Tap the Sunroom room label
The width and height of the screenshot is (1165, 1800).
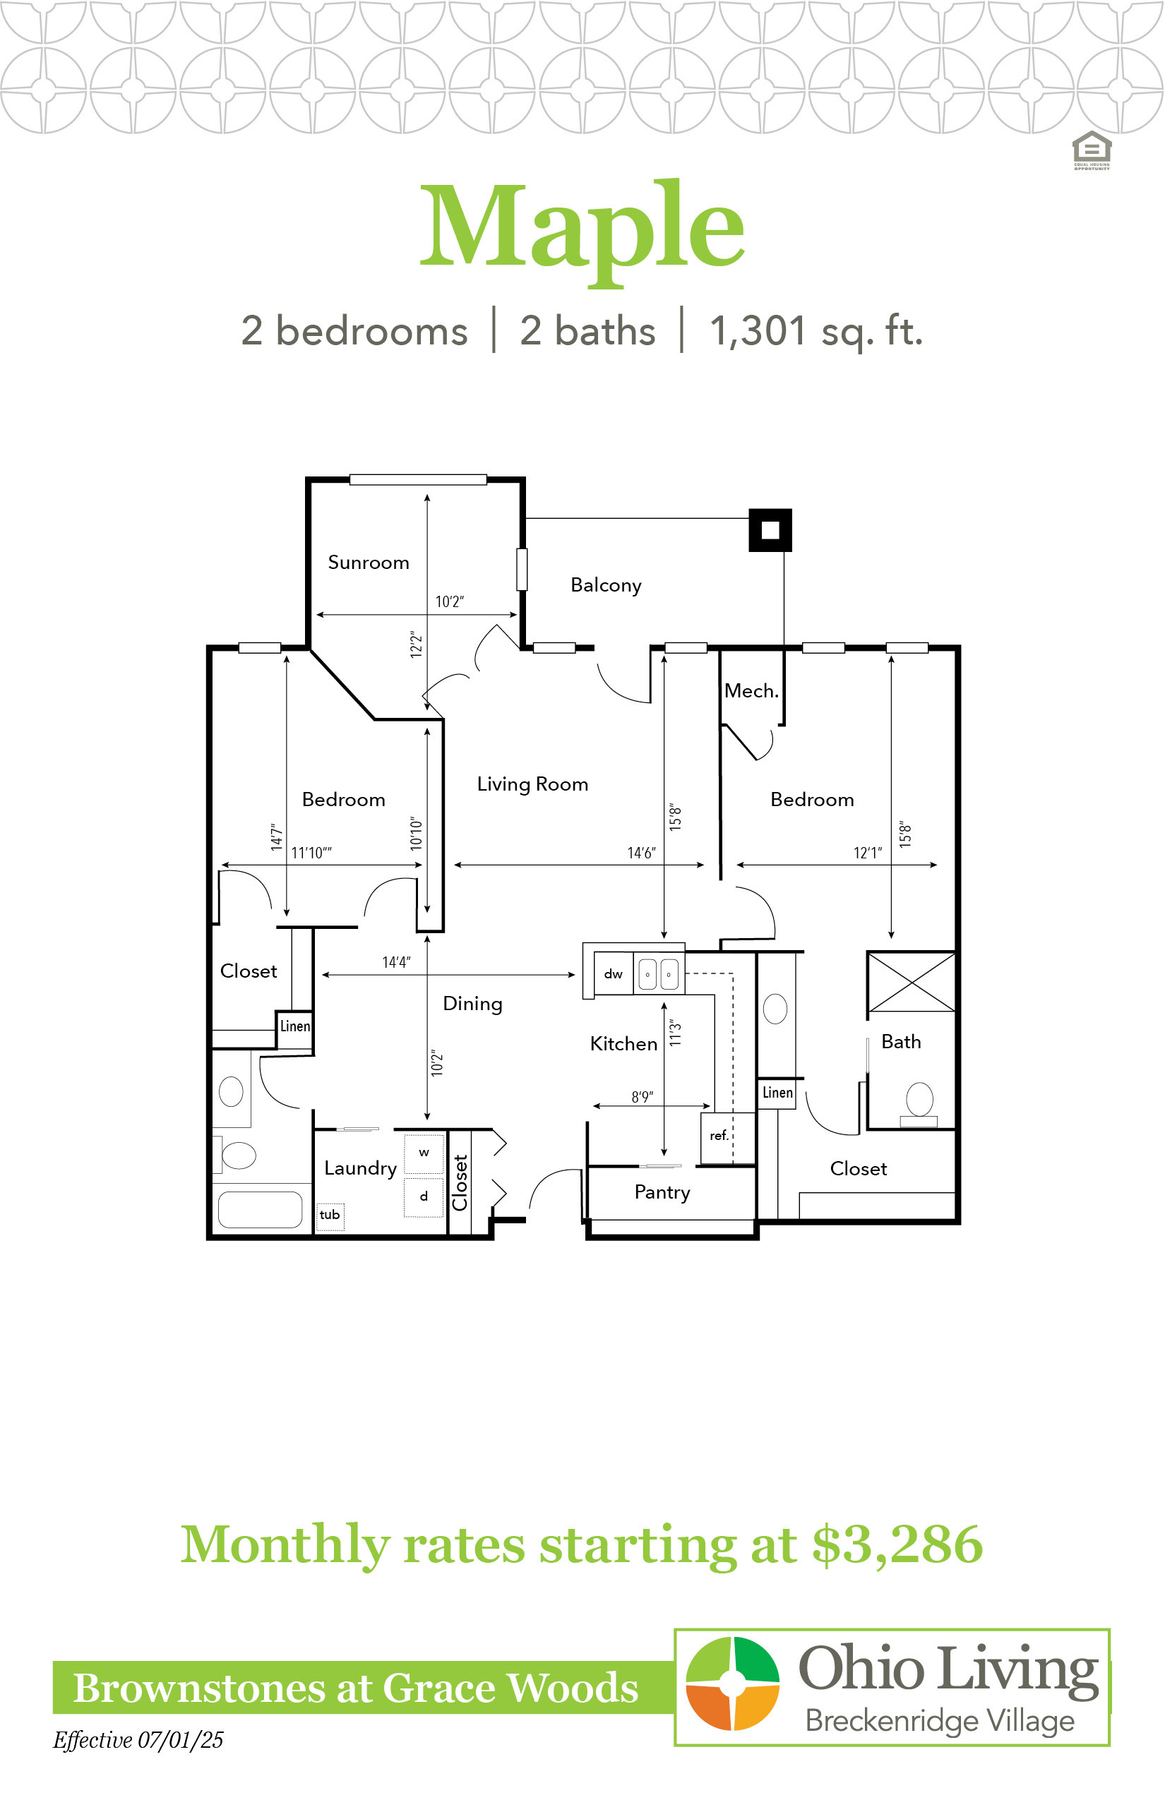click(x=369, y=563)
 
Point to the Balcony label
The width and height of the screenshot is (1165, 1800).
click(x=606, y=585)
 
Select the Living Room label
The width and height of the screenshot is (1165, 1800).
click(x=532, y=784)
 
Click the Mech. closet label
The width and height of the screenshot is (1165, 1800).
click(x=751, y=690)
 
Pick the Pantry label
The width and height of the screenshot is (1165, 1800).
click(x=662, y=1193)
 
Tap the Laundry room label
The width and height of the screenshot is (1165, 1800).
click(x=360, y=1168)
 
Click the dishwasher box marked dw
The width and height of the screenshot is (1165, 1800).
click(x=614, y=974)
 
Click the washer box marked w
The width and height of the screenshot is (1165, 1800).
click(x=424, y=1153)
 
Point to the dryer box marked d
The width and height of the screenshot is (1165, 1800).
click(x=424, y=1197)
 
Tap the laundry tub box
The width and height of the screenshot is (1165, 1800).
click(x=330, y=1216)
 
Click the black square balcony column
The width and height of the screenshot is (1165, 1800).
click(x=770, y=530)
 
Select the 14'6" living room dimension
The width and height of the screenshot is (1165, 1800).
click(x=641, y=853)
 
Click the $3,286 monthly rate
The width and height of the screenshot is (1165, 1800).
click(x=897, y=1545)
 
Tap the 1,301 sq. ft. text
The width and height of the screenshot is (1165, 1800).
click(x=816, y=332)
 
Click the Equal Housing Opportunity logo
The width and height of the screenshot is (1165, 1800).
click(x=1092, y=150)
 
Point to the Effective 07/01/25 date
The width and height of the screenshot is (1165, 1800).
click(x=138, y=1740)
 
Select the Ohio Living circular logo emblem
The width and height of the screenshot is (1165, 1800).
click(x=732, y=1684)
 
